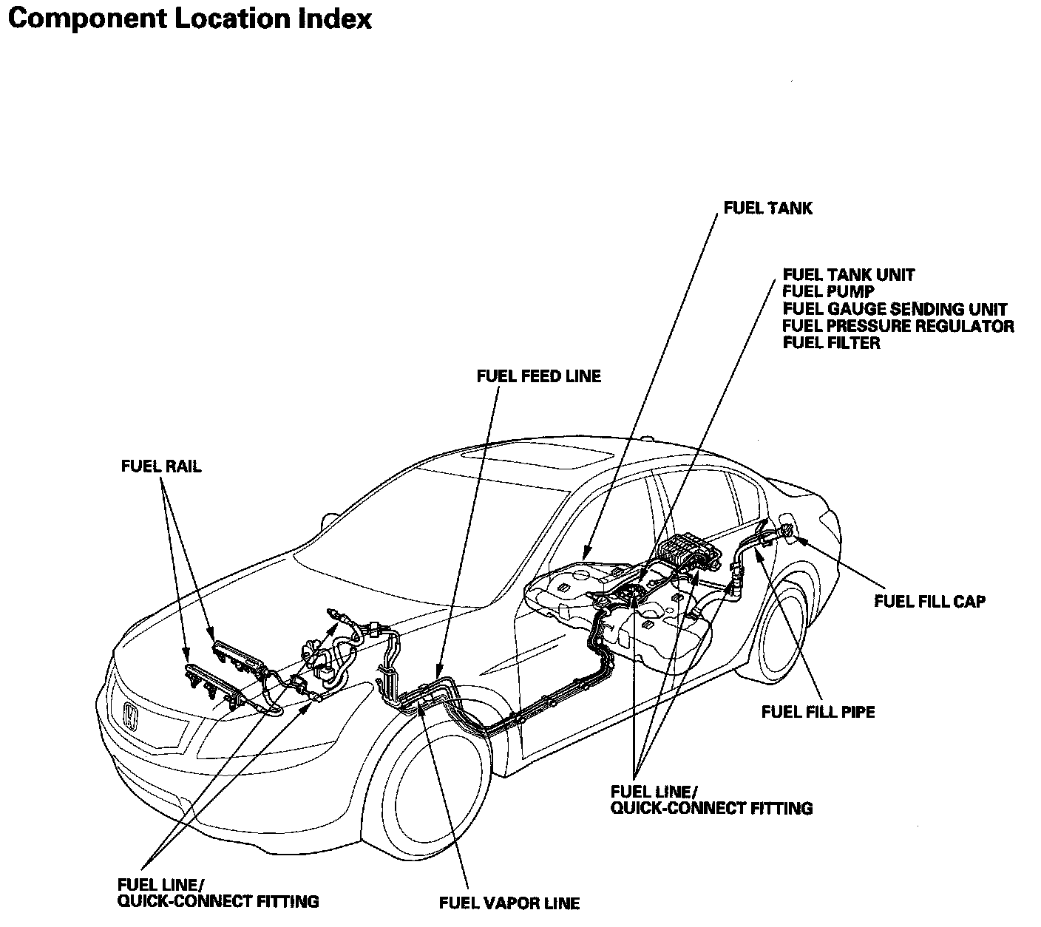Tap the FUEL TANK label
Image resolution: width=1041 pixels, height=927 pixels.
pyautogui.click(x=767, y=208)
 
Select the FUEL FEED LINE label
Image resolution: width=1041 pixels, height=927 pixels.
pyautogui.click(x=538, y=376)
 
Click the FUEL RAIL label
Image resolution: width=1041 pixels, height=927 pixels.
pyautogui.click(x=161, y=466)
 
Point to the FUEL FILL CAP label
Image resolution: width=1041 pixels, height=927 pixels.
pyautogui.click(x=929, y=601)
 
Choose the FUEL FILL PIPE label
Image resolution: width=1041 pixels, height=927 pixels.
pyautogui.click(x=818, y=712)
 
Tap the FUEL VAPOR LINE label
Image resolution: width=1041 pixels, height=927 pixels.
pyautogui.click(x=509, y=903)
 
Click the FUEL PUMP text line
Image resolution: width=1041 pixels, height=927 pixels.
pyautogui.click(x=828, y=292)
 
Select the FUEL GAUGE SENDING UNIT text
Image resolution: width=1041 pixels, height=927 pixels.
pyautogui.click(x=895, y=309)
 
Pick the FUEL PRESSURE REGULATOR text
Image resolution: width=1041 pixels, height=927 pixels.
pyautogui.click(x=898, y=326)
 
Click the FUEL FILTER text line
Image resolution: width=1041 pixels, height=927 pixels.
pyautogui.click(x=831, y=343)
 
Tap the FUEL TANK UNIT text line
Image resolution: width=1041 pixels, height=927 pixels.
pyautogui.click(x=849, y=275)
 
